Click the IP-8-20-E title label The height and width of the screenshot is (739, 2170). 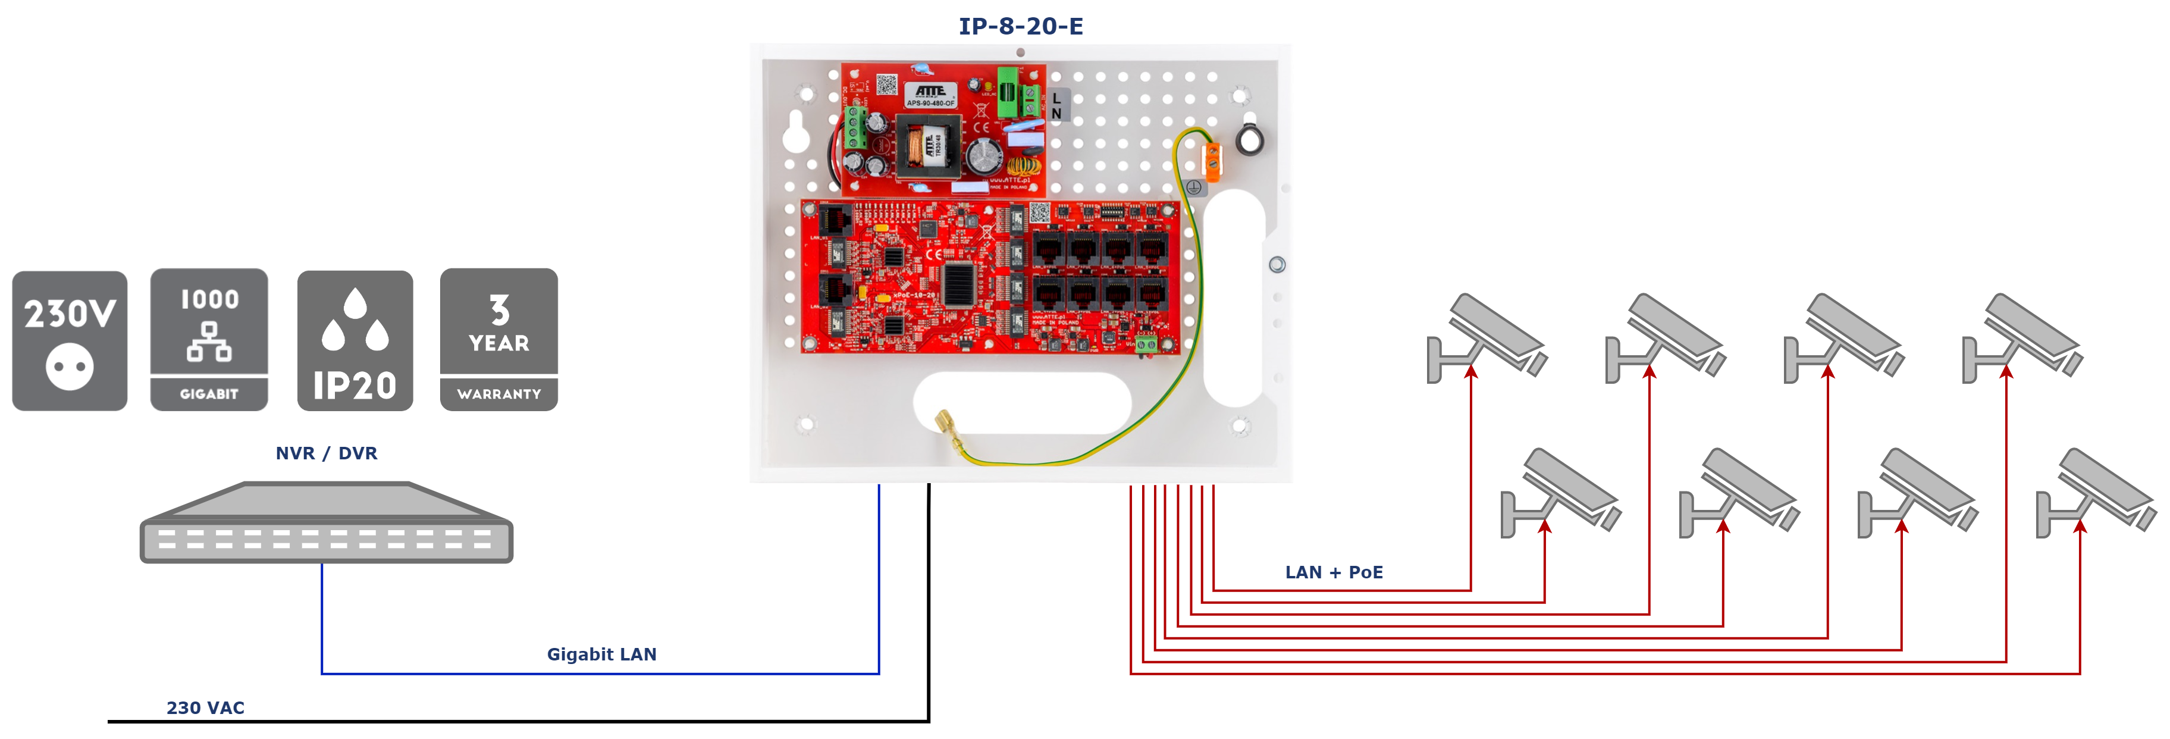pyautogui.click(x=1020, y=26)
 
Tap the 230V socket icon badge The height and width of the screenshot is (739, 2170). pyautogui.click(x=70, y=340)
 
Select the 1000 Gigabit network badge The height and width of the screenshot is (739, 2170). pyautogui.click(x=209, y=340)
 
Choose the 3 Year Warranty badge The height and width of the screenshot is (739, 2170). pyautogui.click(x=498, y=340)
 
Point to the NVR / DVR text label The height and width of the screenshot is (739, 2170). pyautogui.click(x=326, y=453)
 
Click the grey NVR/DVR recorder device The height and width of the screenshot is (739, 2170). pyautogui.click(x=326, y=524)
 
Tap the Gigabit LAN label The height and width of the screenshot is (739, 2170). pyautogui.click(x=603, y=655)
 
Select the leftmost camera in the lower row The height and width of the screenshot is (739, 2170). pyautogui.click(x=1558, y=492)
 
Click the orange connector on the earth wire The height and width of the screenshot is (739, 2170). pyautogui.click(x=1211, y=162)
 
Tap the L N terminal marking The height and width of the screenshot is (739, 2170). pyautogui.click(x=1057, y=105)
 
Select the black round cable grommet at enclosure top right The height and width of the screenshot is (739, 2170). pyautogui.click(x=1249, y=140)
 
